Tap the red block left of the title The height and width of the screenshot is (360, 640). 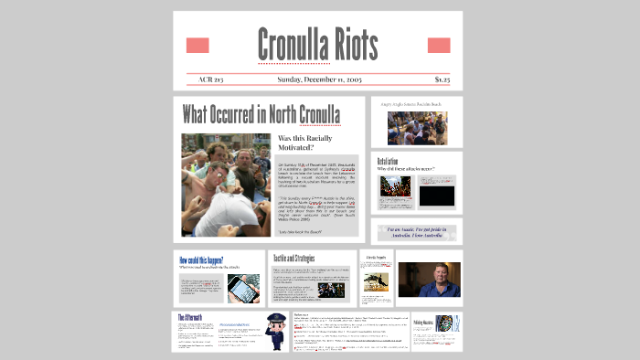coord(197,46)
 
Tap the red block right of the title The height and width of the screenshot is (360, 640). coord(439,46)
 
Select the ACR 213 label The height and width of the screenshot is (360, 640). coord(211,79)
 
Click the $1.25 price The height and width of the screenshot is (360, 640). coord(443,79)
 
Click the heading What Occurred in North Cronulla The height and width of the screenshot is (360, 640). coord(261,115)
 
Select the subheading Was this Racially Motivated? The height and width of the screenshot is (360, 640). coord(308,143)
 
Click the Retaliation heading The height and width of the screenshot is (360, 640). coord(390,161)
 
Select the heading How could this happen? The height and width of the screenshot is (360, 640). coord(201,259)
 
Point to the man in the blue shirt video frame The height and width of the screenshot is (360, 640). coord(429,280)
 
